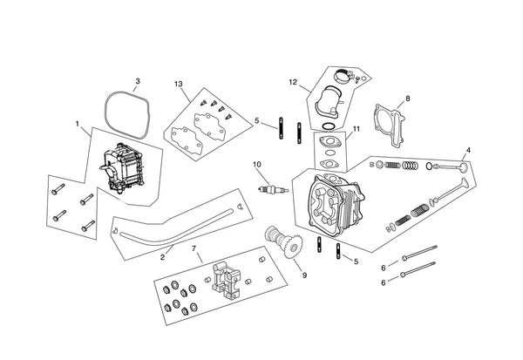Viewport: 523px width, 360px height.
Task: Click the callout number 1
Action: [78, 124]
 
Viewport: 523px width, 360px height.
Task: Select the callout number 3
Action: [138, 81]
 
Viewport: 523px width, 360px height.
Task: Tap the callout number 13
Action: [179, 84]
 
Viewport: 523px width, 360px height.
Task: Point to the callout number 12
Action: [293, 82]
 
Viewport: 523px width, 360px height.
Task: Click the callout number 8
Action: [408, 98]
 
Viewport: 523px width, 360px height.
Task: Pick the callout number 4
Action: [468, 150]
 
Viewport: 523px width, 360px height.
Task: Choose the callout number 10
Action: [257, 165]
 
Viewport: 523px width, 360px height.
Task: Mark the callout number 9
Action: [304, 275]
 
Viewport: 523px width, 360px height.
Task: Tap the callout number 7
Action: [194, 248]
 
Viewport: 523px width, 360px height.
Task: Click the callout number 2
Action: [162, 257]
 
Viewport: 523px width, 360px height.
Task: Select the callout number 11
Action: [357, 129]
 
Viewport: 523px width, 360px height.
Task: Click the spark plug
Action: [274, 190]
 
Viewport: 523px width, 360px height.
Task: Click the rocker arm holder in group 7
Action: [226, 280]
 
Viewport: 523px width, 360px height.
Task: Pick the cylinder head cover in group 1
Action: [122, 169]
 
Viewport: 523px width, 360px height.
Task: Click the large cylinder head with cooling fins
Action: [336, 204]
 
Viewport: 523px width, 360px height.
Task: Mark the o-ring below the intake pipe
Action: [328, 126]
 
